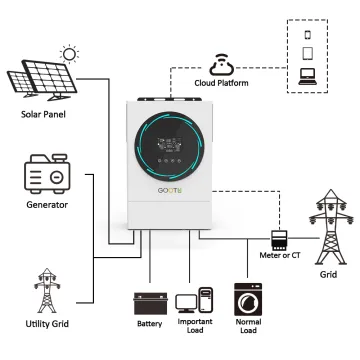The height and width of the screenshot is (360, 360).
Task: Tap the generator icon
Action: (x=46, y=177)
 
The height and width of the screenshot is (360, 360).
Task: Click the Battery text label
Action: (x=149, y=325)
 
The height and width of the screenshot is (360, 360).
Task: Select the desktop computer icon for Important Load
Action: (x=194, y=302)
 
